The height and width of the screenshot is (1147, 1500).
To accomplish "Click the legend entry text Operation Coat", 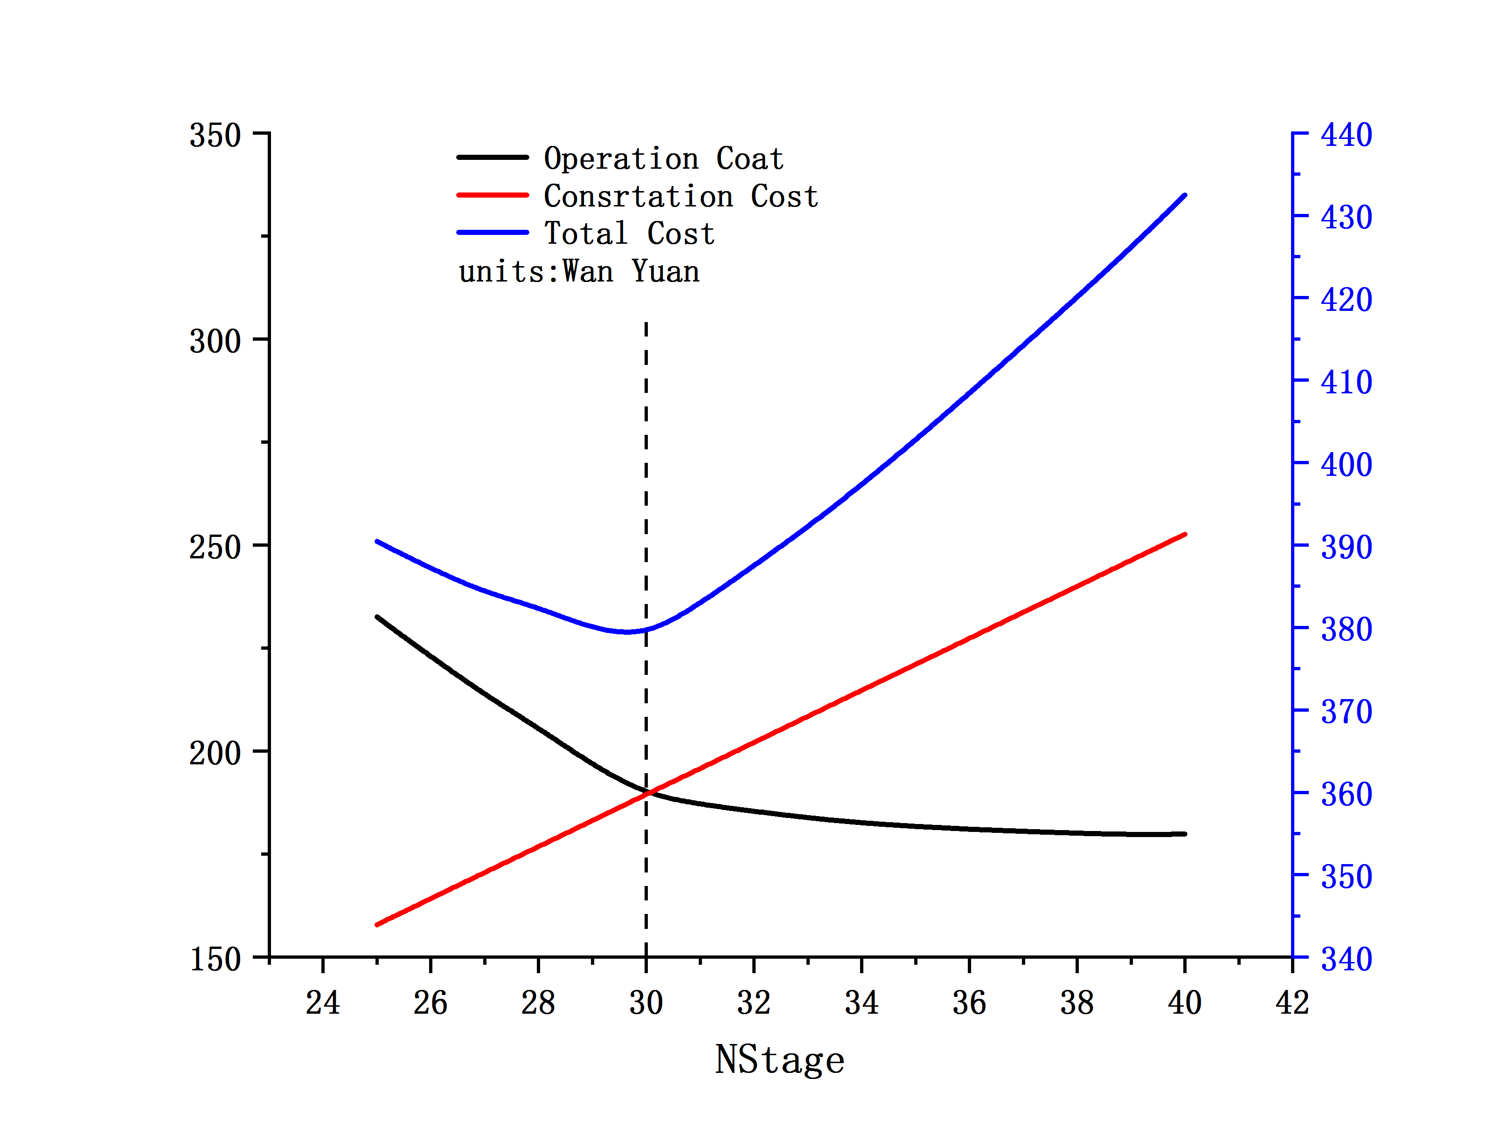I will (x=663, y=159).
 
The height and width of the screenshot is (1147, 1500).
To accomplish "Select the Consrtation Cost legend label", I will (x=681, y=197).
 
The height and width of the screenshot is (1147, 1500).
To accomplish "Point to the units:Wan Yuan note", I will (x=578, y=272).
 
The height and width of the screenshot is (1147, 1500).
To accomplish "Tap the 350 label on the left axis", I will (x=215, y=135).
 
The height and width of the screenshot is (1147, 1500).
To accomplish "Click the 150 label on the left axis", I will (x=215, y=959).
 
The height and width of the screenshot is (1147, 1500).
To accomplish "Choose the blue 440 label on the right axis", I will (x=1346, y=135).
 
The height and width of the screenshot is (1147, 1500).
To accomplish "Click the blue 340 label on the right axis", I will (x=1346, y=959).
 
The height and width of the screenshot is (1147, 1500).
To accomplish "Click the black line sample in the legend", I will (x=493, y=158).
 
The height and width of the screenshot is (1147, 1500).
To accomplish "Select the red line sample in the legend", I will (x=493, y=195).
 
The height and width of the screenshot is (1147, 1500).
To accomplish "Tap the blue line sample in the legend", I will (x=493, y=233).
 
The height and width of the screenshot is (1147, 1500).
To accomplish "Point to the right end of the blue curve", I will (x=1184, y=196).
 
